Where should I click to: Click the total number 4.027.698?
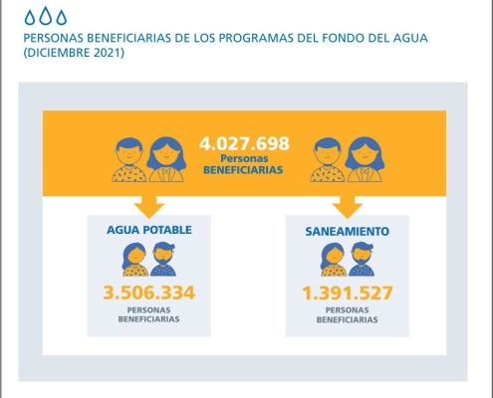[x=244, y=143]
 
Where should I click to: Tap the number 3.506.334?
[x=149, y=293]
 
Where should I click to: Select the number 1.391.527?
[x=348, y=293]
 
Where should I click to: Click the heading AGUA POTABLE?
[x=149, y=230]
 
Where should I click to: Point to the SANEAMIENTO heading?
[x=348, y=231]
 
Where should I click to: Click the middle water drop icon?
[x=46, y=16]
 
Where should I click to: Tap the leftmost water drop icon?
[x=30, y=17]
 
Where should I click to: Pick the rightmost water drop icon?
[x=62, y=17]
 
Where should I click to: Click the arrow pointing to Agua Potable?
[x=149, y=207]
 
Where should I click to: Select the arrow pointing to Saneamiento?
[x=348, y=207]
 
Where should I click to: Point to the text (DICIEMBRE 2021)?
[x=74, y=53]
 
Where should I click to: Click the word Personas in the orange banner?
[x=244, y=158]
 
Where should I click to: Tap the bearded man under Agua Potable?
[x=163, y=260]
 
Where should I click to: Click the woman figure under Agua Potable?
[x=134, y=260]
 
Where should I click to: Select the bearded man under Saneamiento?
[x=362, y=260]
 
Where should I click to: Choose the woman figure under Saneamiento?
[x=333, y=260]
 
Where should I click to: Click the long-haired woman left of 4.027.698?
[x=166, y=159]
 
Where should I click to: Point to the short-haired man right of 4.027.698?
[x=328, y=159]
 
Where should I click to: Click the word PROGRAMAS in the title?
[x=256, y=38]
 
